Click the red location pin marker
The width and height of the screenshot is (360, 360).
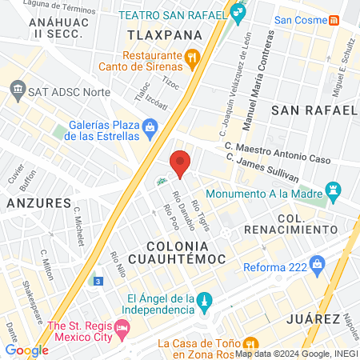[x=181, y=163]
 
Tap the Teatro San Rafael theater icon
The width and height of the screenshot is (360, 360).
[x=237, y=13]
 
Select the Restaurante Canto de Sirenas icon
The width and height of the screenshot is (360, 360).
[x=192, y=57]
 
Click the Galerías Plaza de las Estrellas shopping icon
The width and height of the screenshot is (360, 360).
[x=150, y=126]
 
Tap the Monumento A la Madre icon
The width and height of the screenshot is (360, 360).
[x=334, y=192]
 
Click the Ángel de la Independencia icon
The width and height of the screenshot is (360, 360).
[x=205, y=302]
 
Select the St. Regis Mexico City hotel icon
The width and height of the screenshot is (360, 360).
[x=122, y=327]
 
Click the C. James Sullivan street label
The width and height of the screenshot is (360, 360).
[x=262, y=166]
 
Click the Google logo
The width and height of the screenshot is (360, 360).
[x=26, y=350]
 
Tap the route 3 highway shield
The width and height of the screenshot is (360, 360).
[x=97, y=282]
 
